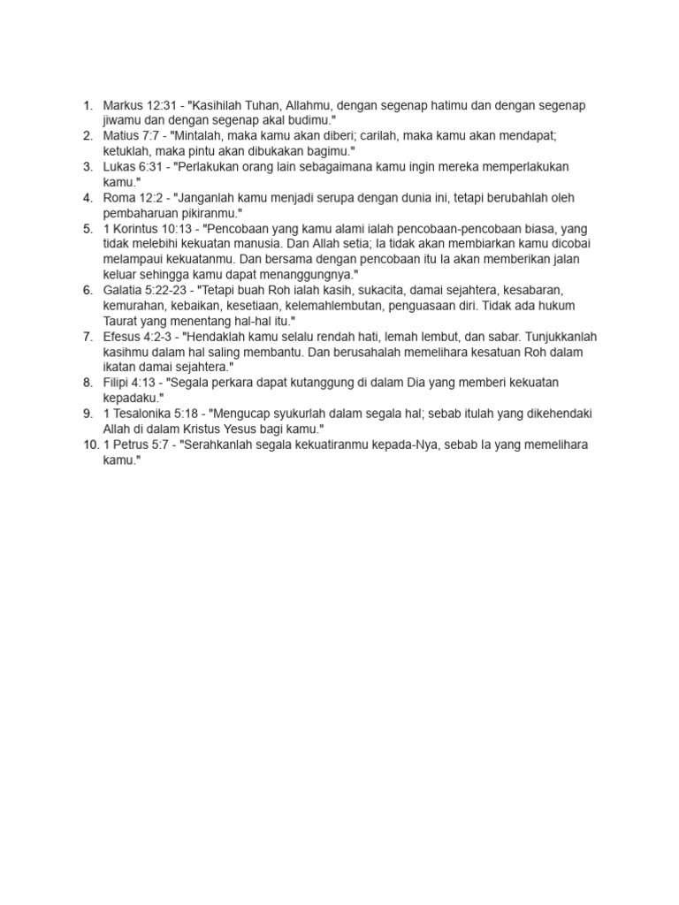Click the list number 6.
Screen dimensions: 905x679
[x=88, y=290]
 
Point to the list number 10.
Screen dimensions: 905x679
[x=91, y=445]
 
